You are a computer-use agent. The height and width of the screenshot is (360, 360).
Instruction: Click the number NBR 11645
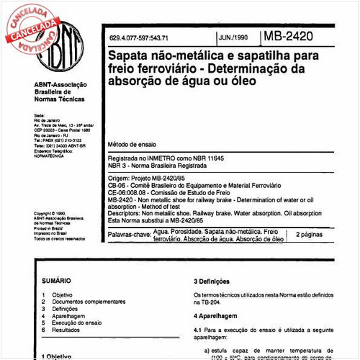coord(233,157)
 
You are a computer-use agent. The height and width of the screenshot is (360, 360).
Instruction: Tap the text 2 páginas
coord(310,235)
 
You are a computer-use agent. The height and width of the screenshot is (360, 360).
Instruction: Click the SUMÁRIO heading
coord(56,280)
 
